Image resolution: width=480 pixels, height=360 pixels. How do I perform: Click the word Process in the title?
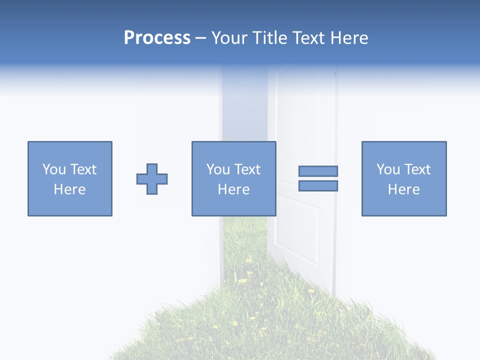pos(157,38)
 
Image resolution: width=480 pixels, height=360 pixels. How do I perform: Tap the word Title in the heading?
pos(270,38)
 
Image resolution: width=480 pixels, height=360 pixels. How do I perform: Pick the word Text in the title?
pos(307,38)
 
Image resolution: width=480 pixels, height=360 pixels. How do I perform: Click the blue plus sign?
pos(152,179)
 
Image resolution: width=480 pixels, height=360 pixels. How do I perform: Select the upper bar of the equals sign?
pos(318,171)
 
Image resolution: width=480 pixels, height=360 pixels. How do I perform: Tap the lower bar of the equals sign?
pos(318,185)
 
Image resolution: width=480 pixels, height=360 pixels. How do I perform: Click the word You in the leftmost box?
pos(54,169)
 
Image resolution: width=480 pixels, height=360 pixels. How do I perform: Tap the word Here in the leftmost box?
pos(70,189)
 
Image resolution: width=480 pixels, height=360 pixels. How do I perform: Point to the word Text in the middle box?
pos(247,169)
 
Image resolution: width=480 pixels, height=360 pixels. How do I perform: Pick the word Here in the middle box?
pos(234,189)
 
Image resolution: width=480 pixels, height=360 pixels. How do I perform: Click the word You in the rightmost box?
pos(388,169)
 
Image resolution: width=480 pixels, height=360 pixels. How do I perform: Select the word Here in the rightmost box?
pos(404,189)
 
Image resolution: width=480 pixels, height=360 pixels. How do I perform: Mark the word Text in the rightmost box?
pos(417,169)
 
